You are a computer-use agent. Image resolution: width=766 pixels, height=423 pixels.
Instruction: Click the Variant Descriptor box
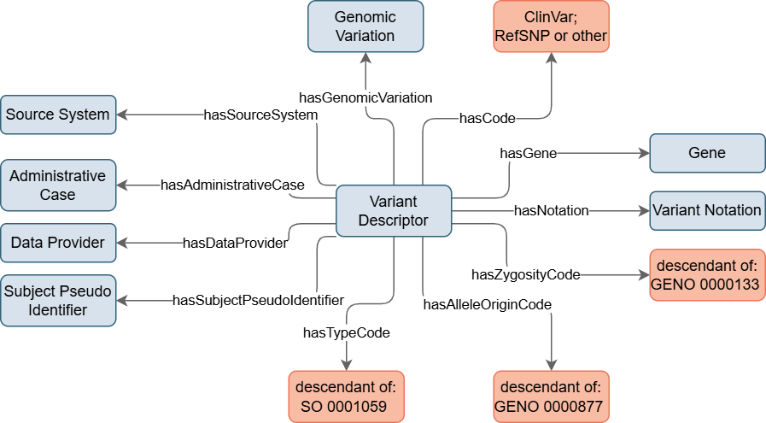click(394, 211)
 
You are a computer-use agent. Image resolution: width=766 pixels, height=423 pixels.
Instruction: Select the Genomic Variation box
click(365, 26)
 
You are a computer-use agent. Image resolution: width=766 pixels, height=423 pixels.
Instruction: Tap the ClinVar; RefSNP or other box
click(551, 26)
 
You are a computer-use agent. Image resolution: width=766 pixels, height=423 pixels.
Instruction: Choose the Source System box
click(58, 115)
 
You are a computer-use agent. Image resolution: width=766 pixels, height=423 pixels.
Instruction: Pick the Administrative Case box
click(58, 185)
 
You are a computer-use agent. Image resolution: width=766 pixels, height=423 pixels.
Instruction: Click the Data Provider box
click(58, 243)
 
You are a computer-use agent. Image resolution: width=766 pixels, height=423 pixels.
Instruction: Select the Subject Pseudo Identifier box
click(58, 301)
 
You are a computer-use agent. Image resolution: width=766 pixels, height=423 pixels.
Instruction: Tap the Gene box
click(707, 153)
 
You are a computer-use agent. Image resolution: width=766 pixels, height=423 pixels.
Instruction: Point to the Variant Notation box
click(707, 211)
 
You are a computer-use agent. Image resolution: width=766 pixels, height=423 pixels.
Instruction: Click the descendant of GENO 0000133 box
click(707, 275)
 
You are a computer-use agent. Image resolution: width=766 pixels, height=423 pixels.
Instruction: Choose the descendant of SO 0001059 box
click(347, 397)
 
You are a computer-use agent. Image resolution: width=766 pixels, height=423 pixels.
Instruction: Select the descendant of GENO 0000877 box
click(551, 397)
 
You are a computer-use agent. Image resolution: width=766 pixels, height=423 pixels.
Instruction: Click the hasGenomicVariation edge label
click(365, 97)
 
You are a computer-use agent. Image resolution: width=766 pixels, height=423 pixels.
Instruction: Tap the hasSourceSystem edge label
click(260, 115)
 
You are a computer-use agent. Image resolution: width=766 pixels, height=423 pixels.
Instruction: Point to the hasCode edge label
click(487, 118)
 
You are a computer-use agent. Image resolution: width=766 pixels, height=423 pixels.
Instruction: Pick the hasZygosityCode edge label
click(526, 275)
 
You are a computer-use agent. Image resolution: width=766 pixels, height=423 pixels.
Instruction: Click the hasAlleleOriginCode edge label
click(487, 305)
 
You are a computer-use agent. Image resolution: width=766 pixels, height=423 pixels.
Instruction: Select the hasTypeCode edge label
click(347, 333)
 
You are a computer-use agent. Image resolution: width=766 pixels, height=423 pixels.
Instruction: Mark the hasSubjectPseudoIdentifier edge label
click(259, 300)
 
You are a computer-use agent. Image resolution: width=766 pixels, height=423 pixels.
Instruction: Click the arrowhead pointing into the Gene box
click(645, 153)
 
